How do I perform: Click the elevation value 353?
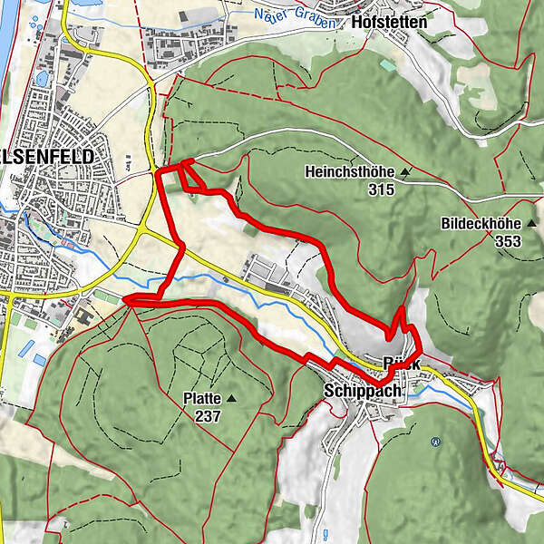click(x=510, y=241)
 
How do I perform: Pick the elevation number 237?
click(x=208, y=415)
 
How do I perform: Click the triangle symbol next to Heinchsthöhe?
click(x=405, y=171)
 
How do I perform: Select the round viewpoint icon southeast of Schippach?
click(x=436, y=442)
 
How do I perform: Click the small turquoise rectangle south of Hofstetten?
click(x=387, y=66)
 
